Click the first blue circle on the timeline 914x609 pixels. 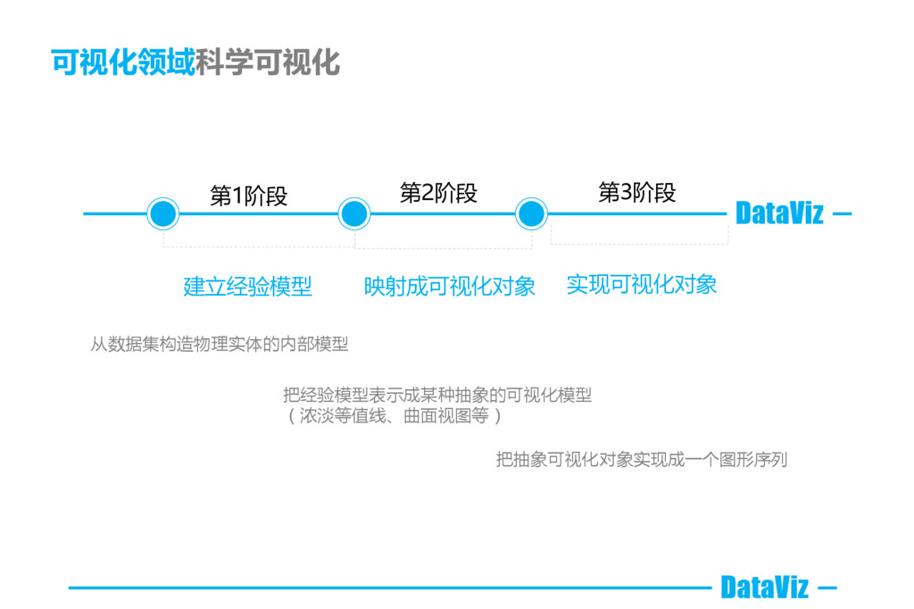[x=162, y=214]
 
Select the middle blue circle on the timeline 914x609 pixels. [x=354, y=214]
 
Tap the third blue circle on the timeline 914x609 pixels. [x=531, y=214]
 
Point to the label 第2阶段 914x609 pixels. [x=438, y=193]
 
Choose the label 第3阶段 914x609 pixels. [x=636, y=192]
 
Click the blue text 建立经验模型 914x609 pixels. [x=248, y=287]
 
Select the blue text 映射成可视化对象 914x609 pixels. [x=450, y=286]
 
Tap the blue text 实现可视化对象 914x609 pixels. [x=642, y=284]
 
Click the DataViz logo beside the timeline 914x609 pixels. [x=779, y=214]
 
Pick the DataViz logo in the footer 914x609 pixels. [x=764, y=588]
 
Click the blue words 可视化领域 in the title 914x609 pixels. [x=122, y=63]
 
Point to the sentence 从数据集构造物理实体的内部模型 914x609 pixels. [x=220, y=345]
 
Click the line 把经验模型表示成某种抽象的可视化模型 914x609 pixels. [x=437, y=396]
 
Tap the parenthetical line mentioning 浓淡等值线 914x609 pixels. [x=393, y=416]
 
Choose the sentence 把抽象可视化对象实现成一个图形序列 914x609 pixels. [x=642, y=460]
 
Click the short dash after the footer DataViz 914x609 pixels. [x=827, y=588]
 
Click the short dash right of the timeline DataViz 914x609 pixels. [x=842, y=214]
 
